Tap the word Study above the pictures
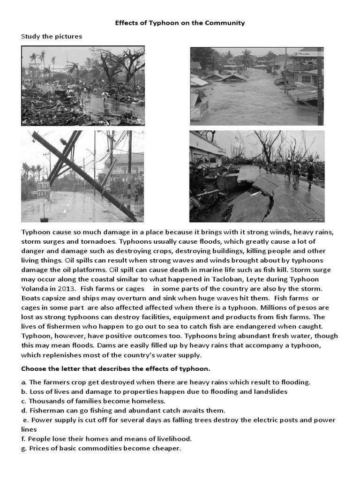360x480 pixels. point(31,37)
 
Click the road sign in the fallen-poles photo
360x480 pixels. point(44,190)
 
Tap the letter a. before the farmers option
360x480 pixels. point(24,382)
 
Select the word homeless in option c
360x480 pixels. point(149,401)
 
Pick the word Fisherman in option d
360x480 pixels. point(46,410)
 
